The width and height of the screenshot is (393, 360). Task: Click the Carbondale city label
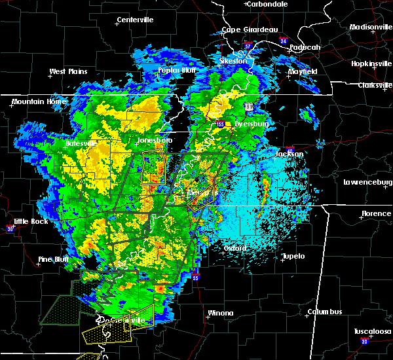(269, 4)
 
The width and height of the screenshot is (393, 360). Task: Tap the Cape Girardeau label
(250, 29)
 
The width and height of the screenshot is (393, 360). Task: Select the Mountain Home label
(34, 102)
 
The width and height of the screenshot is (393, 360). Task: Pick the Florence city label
(376, 214)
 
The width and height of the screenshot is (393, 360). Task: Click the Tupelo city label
(293, 256)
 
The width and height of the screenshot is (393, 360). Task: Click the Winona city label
(221, 313)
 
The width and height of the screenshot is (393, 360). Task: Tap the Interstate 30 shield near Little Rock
(10, 228)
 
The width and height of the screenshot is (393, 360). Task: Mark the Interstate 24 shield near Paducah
(283, 41)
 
